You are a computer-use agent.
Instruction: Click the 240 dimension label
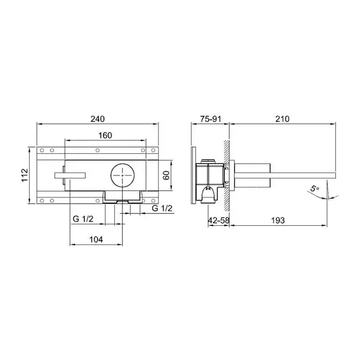click(98, 119)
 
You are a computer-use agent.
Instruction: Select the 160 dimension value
click(105, 135)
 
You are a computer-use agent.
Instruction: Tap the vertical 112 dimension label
click(25, 175)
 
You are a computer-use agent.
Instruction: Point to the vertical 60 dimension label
click(167, 175)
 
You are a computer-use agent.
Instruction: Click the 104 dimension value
click(96, 240)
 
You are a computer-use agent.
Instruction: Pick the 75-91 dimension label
click(210, 119)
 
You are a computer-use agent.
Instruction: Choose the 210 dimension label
click(282, 119)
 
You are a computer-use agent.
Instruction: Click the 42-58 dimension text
click(219, 221)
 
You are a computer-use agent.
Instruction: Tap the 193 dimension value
click(278, 221)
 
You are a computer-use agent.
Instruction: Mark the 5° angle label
click(315, 188)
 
